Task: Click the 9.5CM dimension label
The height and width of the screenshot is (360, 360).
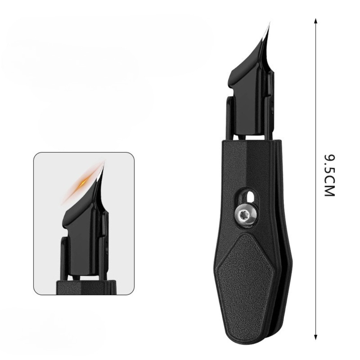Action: tap(330, 175)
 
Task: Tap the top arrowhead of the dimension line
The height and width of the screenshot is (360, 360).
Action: tap(316, 20)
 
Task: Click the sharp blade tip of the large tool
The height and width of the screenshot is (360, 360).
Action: tap(269, 23)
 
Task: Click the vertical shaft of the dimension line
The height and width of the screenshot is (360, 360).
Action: tap(316, 108)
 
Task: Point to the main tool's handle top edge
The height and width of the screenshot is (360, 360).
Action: tap(248, 141)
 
